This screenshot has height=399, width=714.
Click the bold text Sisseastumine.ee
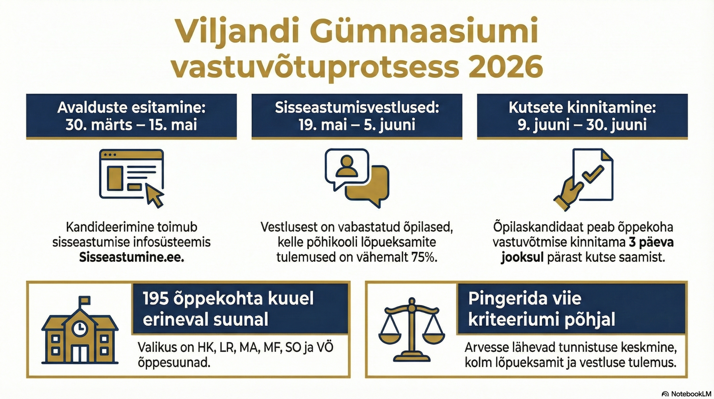pos(131,257)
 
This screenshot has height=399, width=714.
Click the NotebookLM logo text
pos(691,394)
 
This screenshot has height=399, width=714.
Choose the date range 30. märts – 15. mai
pos(131,125)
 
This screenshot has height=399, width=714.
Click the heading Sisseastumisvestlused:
pos(357,108)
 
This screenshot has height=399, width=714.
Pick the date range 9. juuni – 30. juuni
pos(582,125)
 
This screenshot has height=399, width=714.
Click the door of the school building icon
pos(80,353)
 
